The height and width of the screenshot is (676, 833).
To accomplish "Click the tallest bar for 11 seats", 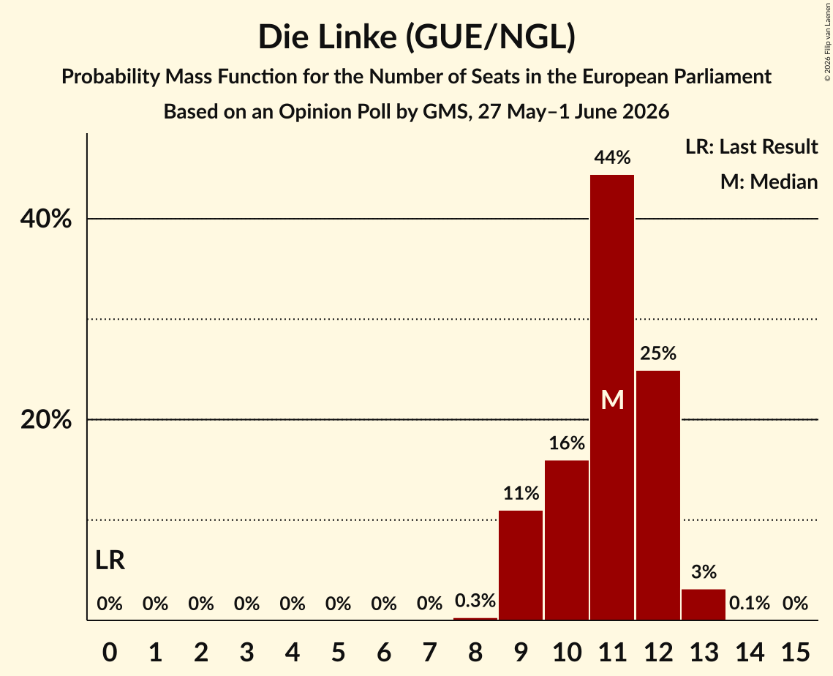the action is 612,397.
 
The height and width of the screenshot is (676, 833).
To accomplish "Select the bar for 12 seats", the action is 657,495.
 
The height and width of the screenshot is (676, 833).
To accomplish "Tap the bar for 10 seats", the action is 566,540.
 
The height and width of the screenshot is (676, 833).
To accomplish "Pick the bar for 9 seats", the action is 521,565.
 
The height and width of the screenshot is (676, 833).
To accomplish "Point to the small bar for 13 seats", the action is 704,604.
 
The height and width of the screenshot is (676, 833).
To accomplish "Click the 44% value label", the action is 612,157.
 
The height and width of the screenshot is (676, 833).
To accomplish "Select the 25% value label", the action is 657,353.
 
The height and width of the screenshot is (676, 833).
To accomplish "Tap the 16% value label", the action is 566,443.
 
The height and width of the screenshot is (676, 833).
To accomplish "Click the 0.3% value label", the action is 475,601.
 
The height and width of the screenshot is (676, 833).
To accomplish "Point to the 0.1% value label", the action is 749,603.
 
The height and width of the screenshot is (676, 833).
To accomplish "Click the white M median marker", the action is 612,399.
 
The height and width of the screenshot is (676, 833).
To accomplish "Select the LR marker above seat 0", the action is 110,560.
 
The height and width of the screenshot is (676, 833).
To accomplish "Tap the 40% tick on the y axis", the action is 45,219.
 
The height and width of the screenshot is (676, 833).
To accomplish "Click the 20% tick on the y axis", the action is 45,419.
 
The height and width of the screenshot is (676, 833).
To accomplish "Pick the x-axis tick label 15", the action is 795,652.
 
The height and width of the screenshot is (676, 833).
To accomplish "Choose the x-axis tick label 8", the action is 475,652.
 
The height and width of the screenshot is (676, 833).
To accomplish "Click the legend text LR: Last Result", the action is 751,146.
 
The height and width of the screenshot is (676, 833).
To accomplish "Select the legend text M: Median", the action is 769,181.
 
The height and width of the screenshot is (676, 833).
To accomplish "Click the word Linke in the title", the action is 360,37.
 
